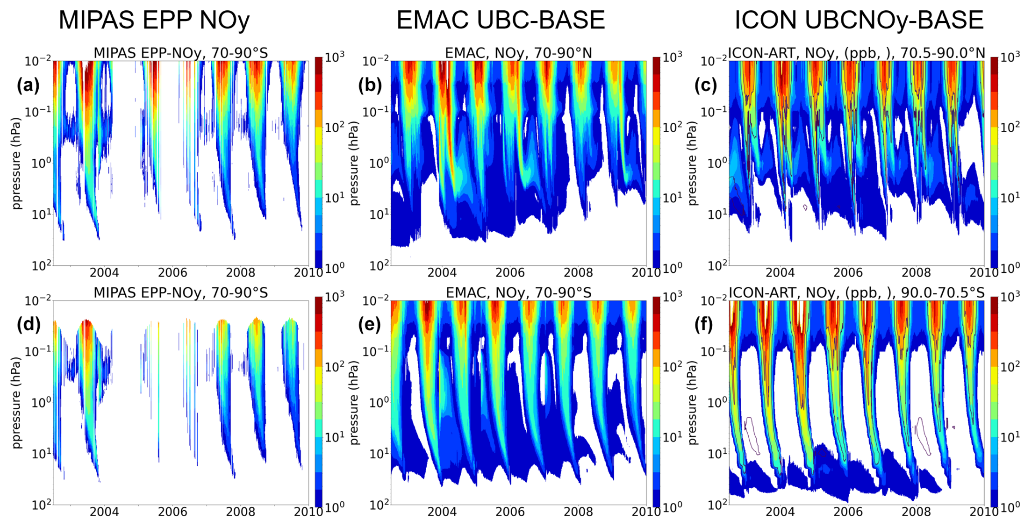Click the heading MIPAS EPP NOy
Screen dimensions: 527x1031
click(154, 20)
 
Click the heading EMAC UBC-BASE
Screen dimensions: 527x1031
click(500, 20)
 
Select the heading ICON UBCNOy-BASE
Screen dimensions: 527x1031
click(859, 20)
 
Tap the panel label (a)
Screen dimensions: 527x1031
click(28, 85)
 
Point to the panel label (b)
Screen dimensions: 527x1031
click(370, 85)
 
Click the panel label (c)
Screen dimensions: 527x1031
click(706, 85)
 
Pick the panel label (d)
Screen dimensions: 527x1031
click(28, 324)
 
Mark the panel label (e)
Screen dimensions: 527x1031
click(370, 324)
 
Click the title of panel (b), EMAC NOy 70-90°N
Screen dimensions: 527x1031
click(518, 53)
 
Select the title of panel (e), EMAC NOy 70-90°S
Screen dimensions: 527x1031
click(518, 293)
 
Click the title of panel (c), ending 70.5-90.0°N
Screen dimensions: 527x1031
click(857, 53)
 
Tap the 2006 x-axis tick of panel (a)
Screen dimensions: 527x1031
click(172, 272)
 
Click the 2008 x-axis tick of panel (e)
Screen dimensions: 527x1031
click(578, 512)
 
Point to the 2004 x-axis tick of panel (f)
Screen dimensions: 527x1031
click(780, 512)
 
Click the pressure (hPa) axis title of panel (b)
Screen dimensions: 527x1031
click(355, 163)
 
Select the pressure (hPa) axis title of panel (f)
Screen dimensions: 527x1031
click(693, 403)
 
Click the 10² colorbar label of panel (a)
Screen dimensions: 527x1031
click(335, 127)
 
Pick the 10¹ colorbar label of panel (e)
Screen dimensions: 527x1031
click(672, 436)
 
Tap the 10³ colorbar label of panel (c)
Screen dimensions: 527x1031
click(1010, 57)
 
